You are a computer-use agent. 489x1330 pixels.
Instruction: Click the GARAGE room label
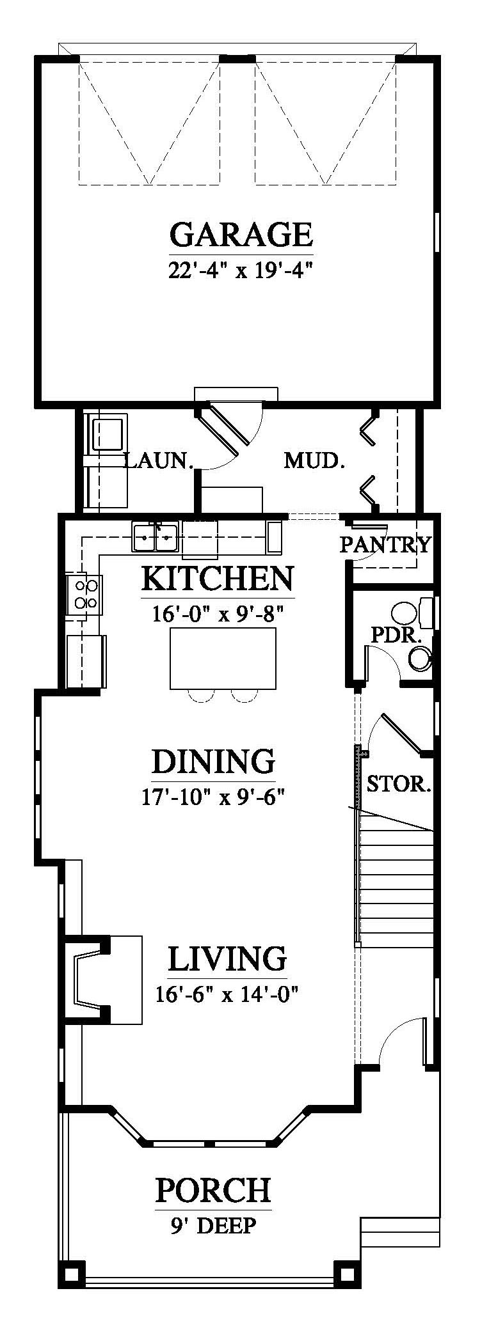(x=241, y=234)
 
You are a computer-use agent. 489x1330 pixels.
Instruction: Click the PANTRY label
(x=385, y=545)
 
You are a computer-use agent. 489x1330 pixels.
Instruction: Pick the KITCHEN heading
(x=218, y=579)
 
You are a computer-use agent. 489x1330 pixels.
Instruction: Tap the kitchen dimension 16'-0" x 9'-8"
(x=218, y=614)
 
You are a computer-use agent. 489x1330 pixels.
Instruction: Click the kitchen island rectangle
(x=223, y=658)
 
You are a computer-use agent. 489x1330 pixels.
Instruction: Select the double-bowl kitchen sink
(x=155, y=537)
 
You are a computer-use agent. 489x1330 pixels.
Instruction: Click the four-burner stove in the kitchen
(x=84, y=593)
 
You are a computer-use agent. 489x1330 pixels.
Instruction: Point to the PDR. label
(x=388, y=636)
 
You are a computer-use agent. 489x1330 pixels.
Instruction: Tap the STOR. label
(x=398, y=784)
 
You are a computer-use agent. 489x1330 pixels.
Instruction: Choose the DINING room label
(x=214, y=762)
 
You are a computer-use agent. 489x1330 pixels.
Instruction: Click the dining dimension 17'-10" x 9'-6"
(x=213, y=797)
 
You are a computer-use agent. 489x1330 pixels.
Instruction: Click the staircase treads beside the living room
(x=396, y=884)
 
